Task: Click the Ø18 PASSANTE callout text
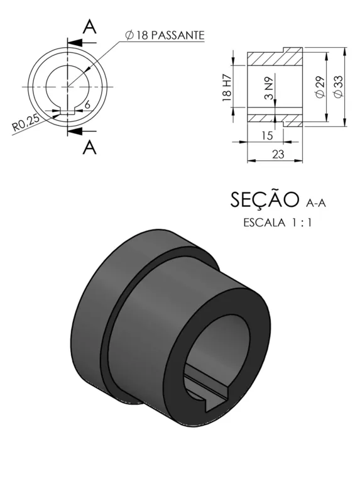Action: tap(165, 35)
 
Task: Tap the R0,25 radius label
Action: tap(26, 123)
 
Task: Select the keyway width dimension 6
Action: tap(87, 104)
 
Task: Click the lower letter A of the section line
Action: tap(89, 147)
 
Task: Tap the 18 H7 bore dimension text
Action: tap(227, 87)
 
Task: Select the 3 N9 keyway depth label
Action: tap(270, 88)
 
